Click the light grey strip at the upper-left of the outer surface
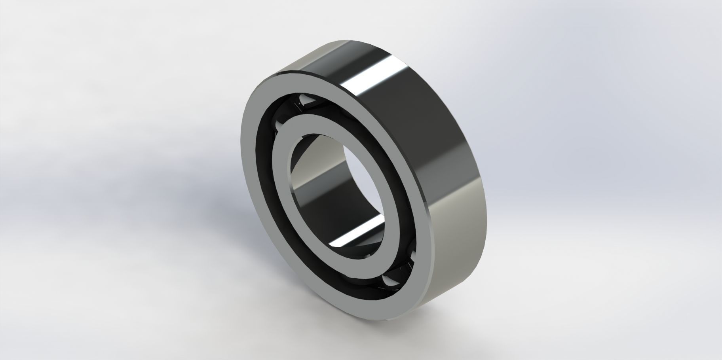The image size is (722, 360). point(301,63)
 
